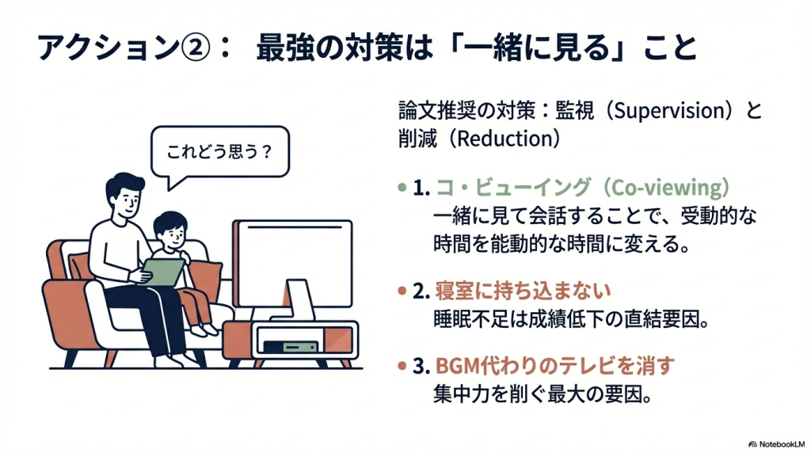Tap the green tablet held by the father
[163, 272]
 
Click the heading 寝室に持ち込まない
[523, 291]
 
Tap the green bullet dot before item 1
[402, 187]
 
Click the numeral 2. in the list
[421, 291]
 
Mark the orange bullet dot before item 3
[402, 366]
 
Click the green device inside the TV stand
[291, 346]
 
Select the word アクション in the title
[108, 48]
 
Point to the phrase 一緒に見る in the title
[537, 48]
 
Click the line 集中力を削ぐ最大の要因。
[542, 394]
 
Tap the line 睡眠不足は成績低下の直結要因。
[571, 320]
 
